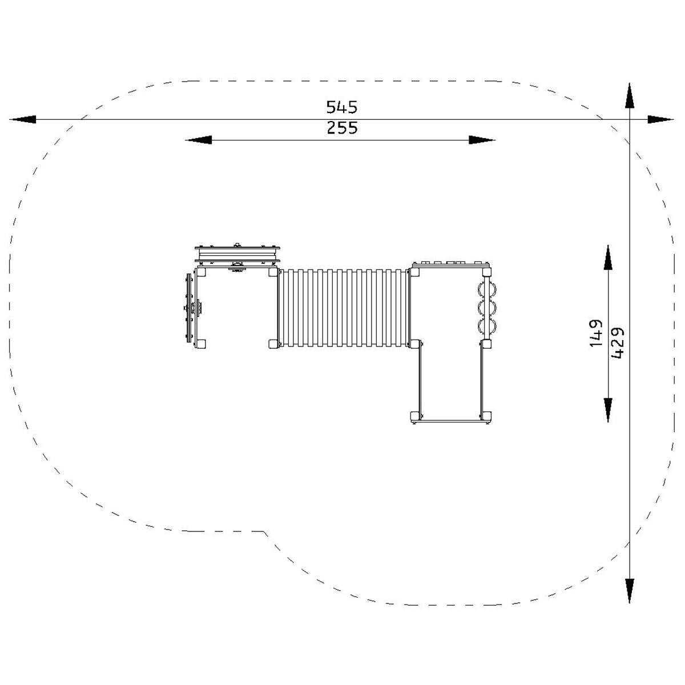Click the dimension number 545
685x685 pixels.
point(341,107)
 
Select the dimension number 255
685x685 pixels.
point(342,128)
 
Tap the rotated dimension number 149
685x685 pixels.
point(596,333)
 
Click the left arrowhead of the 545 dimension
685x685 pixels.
point(22,119)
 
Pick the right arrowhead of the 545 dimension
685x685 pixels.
point(660,119)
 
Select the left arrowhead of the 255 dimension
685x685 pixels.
point(198,140)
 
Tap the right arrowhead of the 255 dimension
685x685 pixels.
point(482,140)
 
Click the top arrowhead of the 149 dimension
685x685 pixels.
point(608,257)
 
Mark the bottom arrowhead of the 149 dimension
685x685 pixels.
point(608,410)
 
